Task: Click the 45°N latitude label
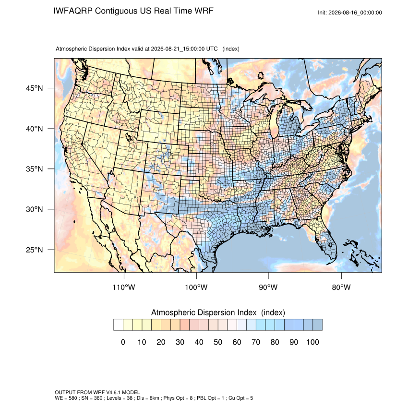click(35, 88)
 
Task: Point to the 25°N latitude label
click(35, 250)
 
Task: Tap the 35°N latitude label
click(35, 169)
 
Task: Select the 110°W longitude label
click(124, 287)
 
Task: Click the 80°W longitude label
click(341, 287)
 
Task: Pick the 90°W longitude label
click(268, 287)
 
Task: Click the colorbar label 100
click(313, 342)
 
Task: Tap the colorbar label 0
click(123, 342)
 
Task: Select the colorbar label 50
click(218, 342)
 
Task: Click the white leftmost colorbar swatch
click(118, 325)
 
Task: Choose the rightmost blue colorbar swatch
click(317, 325)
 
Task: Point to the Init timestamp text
click(350, 12)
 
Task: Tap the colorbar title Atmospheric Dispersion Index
click(204, 312)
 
